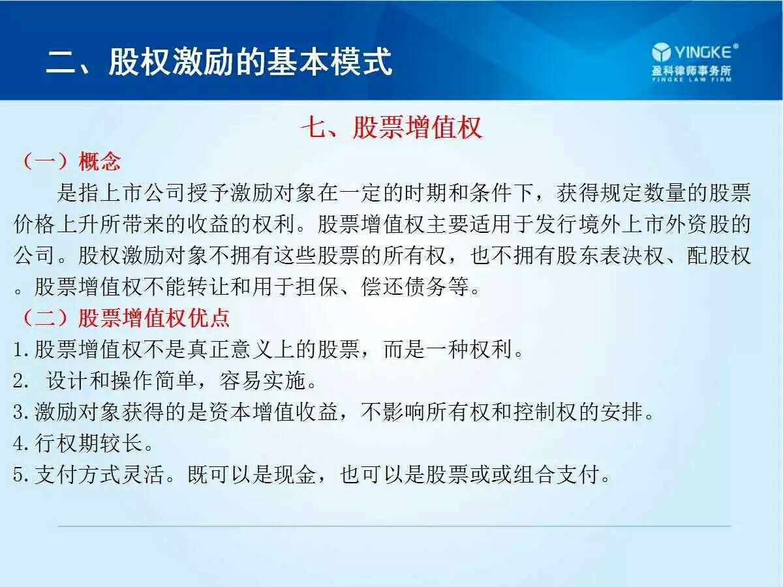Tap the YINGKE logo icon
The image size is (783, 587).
(x=661, y=52)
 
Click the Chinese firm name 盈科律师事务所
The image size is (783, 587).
(x=691, y=70)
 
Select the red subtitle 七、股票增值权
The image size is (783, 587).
(x=391, y=127)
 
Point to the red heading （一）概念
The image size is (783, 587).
(x=71, y=160)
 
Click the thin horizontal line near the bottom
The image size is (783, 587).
(x=394, y=526)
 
